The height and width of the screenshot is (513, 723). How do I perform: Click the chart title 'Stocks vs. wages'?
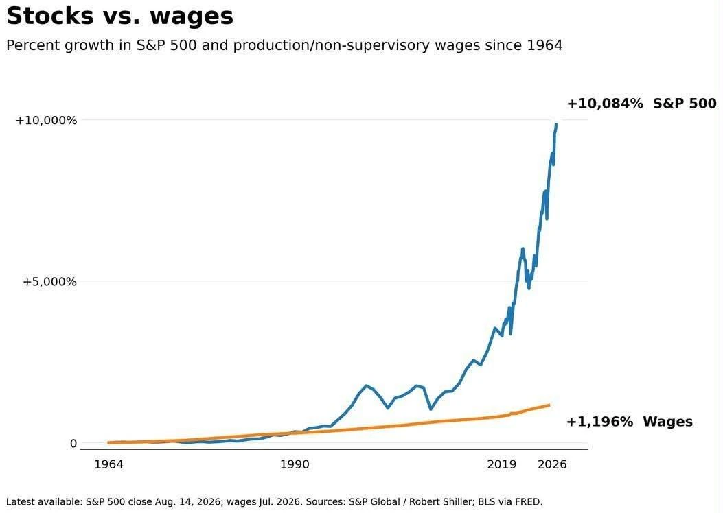[x=120, y=16]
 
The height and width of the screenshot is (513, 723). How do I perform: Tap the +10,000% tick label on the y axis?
[x=46, y=121]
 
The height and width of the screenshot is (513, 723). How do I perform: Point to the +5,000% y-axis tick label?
[x=50, y=281]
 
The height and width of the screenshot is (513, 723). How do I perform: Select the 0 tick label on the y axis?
[x=73, y=444]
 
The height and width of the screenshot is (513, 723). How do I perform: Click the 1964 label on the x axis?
[x=108, y=464]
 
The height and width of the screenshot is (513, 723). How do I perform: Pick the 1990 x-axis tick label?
[x=295, y=464]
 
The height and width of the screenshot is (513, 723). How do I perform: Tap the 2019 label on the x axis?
[x=502, y=464]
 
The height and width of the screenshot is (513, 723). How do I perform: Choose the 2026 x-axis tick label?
[x=552, y=464]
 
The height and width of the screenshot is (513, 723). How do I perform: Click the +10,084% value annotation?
[x=604, y=103]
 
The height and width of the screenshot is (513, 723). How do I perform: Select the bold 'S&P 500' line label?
[x=685, y=103]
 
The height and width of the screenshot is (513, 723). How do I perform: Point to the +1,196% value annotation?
[x=599, y=422]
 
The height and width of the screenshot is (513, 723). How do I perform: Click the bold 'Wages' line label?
[x=667, y=422]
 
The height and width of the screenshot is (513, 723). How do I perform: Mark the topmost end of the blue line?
[x=556, y=124]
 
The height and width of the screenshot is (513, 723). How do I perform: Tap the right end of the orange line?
[x=549, y=405]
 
